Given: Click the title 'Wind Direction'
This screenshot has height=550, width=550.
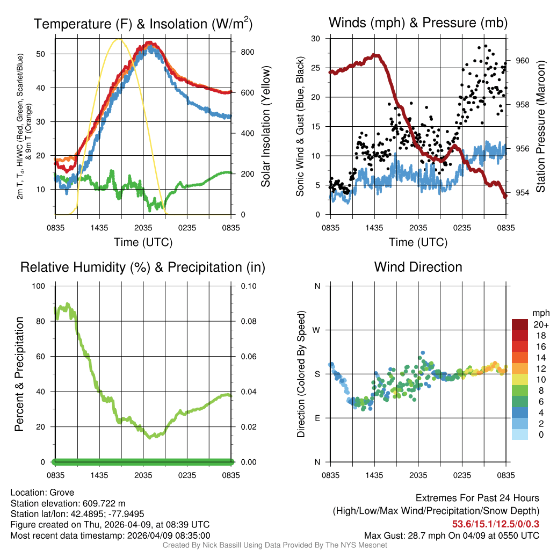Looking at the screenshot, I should [418, 267].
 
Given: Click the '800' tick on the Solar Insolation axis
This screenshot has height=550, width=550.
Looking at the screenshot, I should [240, 52].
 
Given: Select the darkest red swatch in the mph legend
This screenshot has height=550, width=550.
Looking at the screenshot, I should [520, 324].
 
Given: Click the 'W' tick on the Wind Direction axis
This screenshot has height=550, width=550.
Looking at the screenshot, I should [317, 330].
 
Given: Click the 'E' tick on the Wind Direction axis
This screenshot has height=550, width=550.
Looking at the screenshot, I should [317, 418].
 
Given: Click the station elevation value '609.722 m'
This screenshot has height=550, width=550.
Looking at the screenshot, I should [104, 503].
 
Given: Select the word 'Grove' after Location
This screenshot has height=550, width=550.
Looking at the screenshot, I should [62, 493].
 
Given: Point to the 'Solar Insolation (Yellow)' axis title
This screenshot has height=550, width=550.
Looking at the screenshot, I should [265, 127].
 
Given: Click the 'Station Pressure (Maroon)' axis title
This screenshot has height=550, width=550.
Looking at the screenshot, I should [540, 127].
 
